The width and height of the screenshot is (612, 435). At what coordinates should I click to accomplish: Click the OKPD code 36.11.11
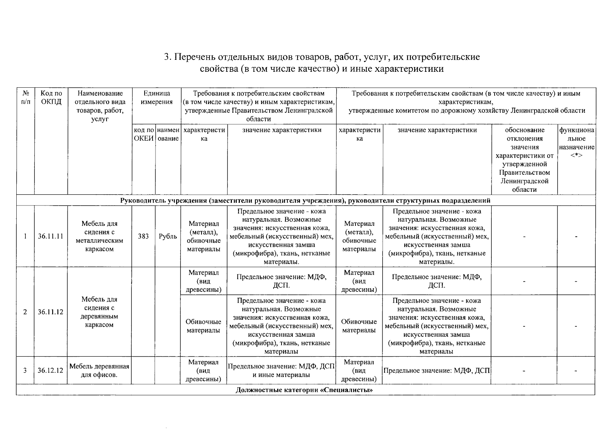(x=51, y=236)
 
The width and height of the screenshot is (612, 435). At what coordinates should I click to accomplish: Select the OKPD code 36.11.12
(x=51, y=312)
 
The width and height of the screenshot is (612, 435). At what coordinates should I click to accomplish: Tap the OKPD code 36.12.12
(x=51, y=370)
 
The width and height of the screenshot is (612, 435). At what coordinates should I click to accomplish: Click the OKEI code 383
(x=143, y=236)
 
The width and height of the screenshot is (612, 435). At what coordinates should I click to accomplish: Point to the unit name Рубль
(x=168, y=236)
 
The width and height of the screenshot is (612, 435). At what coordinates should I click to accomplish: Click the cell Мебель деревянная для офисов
(x=99, y=370)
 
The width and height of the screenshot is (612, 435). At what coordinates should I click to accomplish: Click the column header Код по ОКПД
(x=51, y=98)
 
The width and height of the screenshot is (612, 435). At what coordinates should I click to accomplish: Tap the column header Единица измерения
(x=157, y=98)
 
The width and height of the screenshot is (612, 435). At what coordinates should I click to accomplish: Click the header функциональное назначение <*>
(x=576, y=142)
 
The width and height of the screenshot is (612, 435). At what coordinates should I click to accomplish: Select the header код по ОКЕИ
(x=143, y=134)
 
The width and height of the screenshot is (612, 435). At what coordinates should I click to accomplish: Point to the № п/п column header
(x=25, y=98)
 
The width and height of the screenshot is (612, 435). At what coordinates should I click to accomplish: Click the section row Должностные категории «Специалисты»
(x=305, y=390)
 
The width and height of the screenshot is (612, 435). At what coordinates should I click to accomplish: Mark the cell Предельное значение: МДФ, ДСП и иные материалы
(x=281, y=370)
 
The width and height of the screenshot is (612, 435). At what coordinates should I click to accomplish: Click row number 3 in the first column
(x=25, y=370)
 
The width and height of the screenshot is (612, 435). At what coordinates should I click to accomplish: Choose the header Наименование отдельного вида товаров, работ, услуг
(x=100, y=106)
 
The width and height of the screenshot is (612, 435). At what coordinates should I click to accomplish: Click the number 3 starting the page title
(x=167, y=57)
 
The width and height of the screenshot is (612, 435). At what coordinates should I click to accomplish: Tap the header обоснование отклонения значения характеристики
(x=524, y=159)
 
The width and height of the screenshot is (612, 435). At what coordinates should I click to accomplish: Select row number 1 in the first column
(x=25, y=236)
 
